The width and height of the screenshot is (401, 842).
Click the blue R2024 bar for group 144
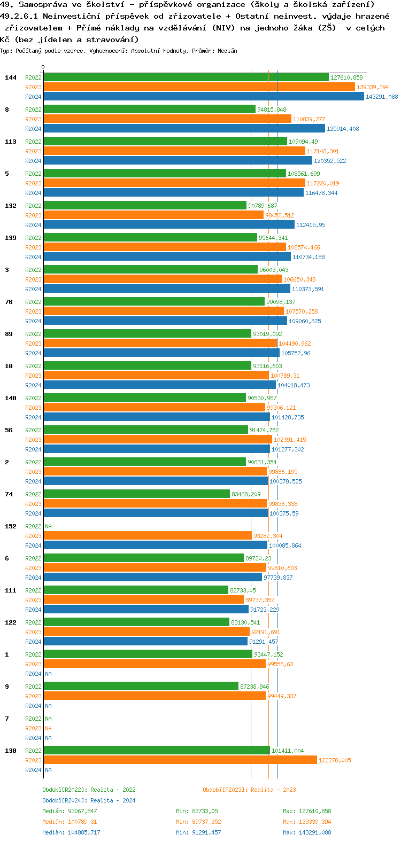[x=203, y=97]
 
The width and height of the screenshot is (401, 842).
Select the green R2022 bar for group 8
[x=149, y=110]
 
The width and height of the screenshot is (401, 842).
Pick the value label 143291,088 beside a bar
[x=381, y=97]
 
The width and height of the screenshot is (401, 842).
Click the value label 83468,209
[x=246, y=494]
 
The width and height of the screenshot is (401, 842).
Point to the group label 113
[x=11, y=142]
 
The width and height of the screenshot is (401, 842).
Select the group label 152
[x=11, y=526]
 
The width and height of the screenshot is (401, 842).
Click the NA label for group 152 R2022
[x=48, y=526]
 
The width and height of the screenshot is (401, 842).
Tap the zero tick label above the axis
[x=43, y=67]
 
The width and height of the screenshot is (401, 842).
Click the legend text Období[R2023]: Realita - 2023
[x=249, y=790]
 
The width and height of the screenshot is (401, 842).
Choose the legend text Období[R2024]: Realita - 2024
[x=89, y=800]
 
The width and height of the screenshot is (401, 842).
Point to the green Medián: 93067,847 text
[x=70, y=811]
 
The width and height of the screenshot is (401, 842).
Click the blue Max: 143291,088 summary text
[x=307, y=832]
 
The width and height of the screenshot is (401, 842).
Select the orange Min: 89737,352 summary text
[x=198, y=822]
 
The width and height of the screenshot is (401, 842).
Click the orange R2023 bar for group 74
[x=155, y=504]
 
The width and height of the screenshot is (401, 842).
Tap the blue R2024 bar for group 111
[x=146, y=610]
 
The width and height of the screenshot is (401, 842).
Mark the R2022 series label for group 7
[x=33, y=719]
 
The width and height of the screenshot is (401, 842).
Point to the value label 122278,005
[x=335, y=760]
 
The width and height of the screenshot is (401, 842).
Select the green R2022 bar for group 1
[x=148, y=654]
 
